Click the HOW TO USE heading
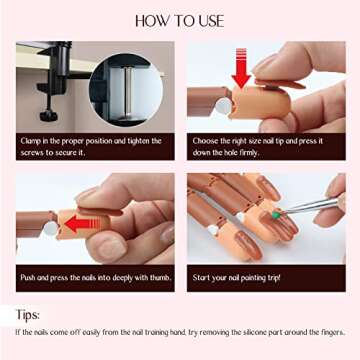tap(180, 20)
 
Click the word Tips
tap(31, 312)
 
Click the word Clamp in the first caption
tap(33, 141)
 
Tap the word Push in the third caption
tap(31, 276)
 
